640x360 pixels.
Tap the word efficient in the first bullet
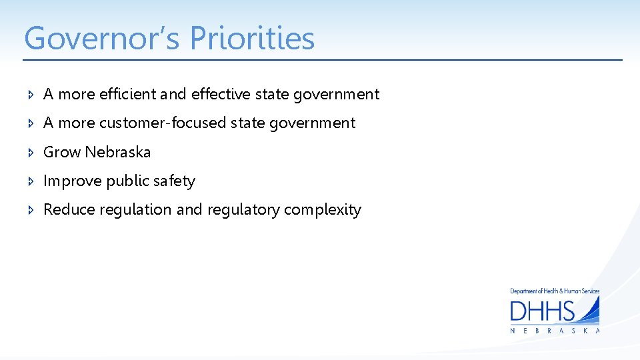click(128, 95)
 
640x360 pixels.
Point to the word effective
click(220, 95)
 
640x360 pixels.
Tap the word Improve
click(72, 181)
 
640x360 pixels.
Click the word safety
click(174, 181)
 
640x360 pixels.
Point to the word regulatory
click(243, 210)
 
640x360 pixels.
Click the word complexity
click(323, 210)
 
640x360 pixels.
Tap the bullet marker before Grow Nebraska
click(31, 153)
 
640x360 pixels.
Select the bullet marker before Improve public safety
click(31, 181)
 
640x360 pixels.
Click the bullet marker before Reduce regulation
click(31, 210)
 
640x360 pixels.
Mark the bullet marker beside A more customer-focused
click(31, 123)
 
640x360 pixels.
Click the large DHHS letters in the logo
click(543, 311)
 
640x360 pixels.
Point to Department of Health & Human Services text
click(555, 291)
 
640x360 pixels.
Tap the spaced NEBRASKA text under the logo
click(555, 331)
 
